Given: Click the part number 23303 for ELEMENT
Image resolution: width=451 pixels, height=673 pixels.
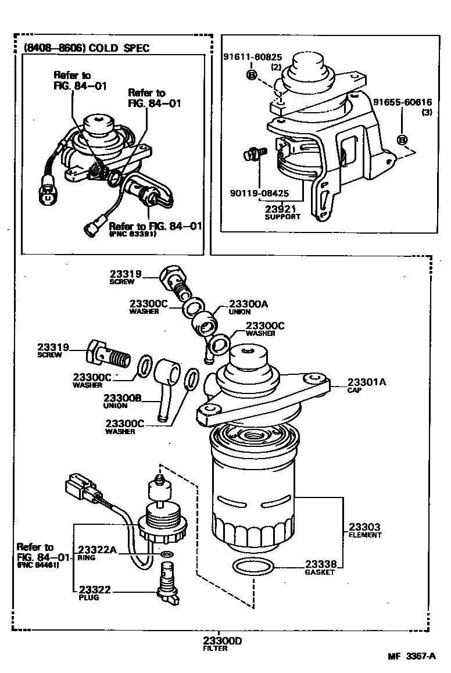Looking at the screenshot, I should [364, 527].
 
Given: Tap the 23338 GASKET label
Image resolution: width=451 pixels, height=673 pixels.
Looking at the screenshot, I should [320, 564].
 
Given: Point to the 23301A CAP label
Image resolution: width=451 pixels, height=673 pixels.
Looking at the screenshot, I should [367, 382].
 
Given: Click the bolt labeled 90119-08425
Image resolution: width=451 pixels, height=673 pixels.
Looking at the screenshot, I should [253, 155].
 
